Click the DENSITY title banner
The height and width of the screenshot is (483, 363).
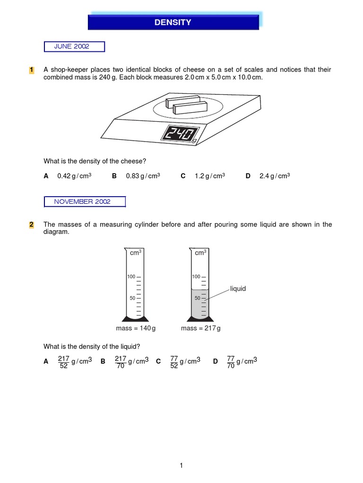click(173, 22)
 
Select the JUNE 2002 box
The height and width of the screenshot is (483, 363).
click(74, 46)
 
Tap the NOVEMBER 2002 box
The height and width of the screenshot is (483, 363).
click(85, 201)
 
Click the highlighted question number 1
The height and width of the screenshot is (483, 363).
click(32, 70)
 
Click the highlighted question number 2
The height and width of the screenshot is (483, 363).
click(32, 225)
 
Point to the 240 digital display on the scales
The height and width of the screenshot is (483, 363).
click(179, 133)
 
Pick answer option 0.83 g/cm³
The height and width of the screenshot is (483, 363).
click(143, 176)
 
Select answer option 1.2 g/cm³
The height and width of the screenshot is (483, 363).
click(209, 176)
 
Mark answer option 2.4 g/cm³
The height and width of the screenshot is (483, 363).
click(274, 176)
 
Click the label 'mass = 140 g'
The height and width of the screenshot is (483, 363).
click(136, 328)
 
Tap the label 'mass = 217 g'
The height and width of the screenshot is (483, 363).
click(201, 328)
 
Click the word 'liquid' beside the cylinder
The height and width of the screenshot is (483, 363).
click(238, 289)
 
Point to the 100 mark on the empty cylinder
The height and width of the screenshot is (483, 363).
click(131, 276)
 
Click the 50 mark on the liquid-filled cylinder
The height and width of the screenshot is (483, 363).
click(197, 298)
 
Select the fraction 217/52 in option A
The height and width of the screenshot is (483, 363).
click(63, 362)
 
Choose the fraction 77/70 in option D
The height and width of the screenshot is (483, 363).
click(231, 362)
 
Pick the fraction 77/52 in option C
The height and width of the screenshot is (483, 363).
click(174, 362)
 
